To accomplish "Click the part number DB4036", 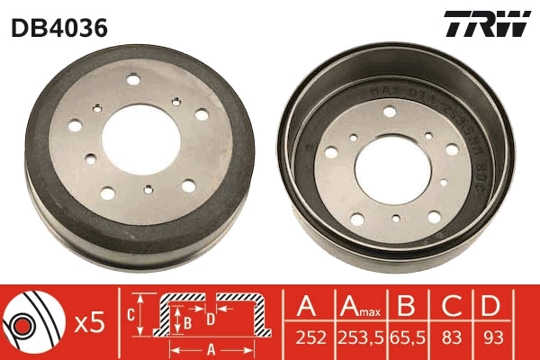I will click(x=59, y=28).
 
